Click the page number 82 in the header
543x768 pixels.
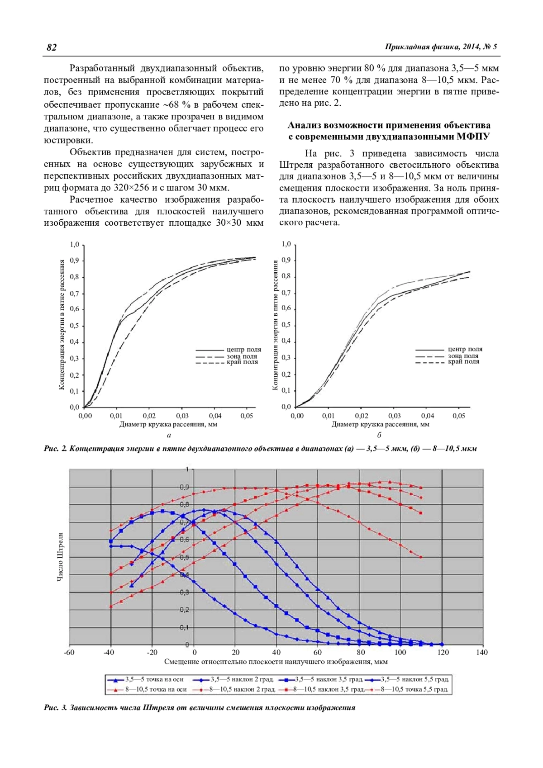52,47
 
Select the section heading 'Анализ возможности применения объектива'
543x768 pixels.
389,125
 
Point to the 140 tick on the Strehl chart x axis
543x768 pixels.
482,652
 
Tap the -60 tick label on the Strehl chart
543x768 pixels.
69,652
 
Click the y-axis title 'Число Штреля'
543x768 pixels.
60,557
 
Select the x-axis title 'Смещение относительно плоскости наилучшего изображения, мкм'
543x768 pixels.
276,662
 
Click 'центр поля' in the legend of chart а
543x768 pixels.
244,350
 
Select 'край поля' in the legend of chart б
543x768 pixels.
463,361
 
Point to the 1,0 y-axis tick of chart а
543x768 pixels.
75,245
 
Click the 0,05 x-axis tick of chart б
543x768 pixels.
458,416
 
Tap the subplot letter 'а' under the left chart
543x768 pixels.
169,435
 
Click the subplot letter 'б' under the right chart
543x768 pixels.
379,435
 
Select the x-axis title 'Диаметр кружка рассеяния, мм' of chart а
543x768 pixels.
168,424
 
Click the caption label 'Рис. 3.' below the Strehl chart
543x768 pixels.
56,708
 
